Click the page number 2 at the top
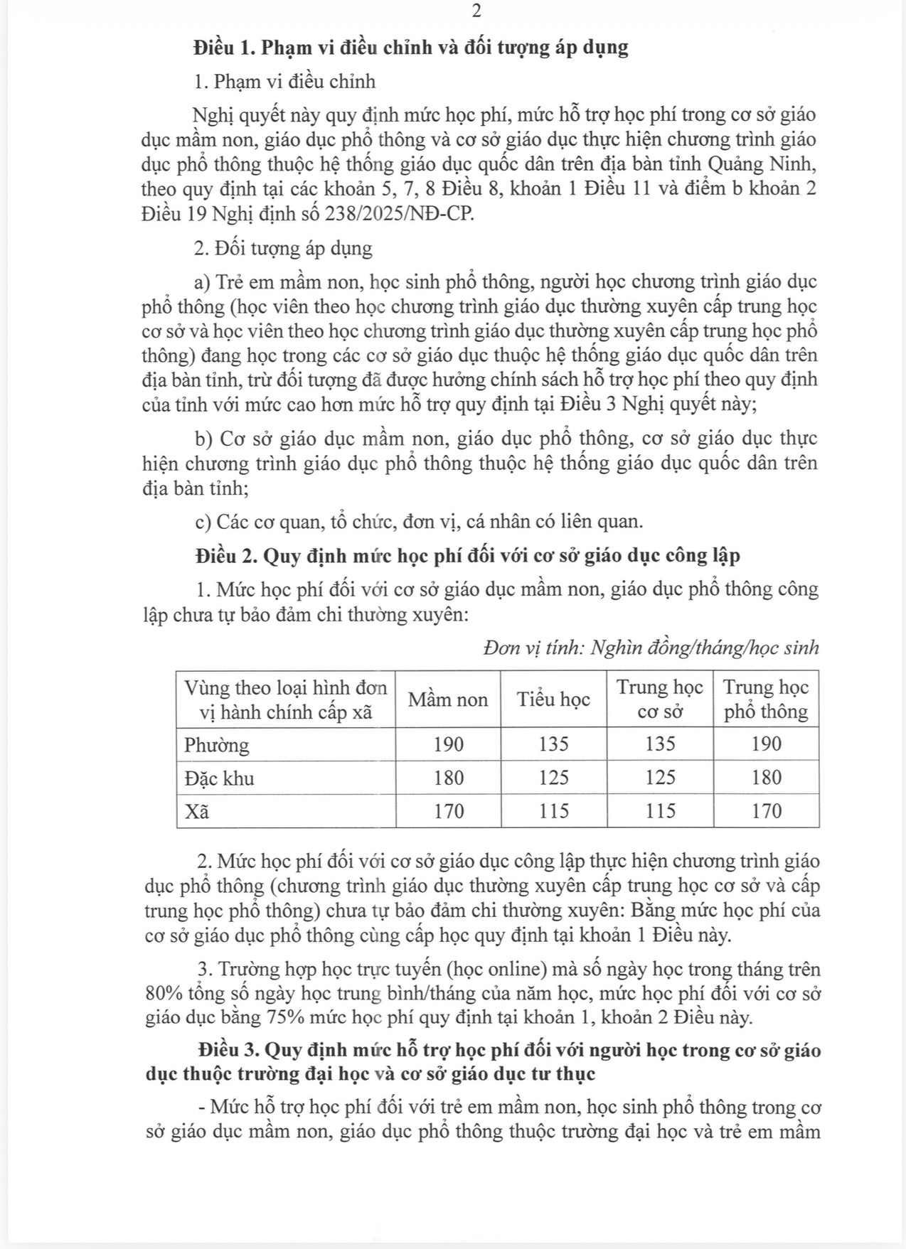476,11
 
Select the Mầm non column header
447,700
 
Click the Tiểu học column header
553,700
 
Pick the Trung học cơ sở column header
659,700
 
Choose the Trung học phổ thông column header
766,700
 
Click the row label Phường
217,745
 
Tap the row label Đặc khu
219,778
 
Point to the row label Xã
197,812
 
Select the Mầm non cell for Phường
448,745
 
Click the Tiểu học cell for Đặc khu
553,778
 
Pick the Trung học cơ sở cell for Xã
659,812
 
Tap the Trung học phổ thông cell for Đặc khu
766,778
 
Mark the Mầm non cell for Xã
448,812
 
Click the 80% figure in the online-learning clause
163,994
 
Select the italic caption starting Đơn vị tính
651,648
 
